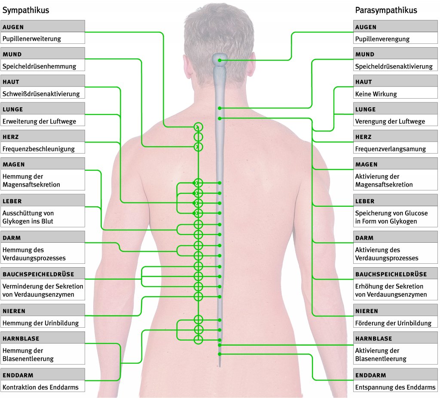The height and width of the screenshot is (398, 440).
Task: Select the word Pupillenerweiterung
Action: click(x=32, y=39)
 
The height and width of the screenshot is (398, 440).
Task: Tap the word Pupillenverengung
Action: click(x=382, y=39)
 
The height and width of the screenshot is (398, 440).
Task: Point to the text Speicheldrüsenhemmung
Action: click(x=39, y=66)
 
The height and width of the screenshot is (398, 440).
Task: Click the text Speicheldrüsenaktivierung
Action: click(x=394, y=66)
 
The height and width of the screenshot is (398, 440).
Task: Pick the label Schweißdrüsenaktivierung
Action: click(x=41, y=93)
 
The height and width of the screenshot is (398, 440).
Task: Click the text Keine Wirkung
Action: click(x=376, y=94)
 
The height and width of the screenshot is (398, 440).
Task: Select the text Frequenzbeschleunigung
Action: click(x=38, y=149)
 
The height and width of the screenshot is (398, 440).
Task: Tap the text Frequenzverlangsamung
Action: click(x=390, y=149)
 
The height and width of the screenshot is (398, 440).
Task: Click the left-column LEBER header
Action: click(x=12, y=201)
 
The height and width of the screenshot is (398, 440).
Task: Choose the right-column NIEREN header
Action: click(x=367, y=311)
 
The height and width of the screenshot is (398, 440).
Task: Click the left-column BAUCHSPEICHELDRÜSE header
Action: click(x=38, y=274)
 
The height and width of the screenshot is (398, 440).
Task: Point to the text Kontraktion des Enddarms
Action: click(x=40, y=387)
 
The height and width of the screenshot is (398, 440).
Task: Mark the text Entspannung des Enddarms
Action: click(x=395, y=387)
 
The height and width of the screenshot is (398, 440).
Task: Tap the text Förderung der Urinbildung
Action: click(x=393, y=323)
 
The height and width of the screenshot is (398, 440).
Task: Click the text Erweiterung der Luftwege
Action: click(x=39, y=121)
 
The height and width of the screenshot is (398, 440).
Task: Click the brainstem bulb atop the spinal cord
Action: click(x=221, y=60)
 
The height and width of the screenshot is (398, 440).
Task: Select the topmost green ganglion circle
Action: click(x=198, y=127)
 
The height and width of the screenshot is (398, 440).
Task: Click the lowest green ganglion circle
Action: click(x=198, y=340)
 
